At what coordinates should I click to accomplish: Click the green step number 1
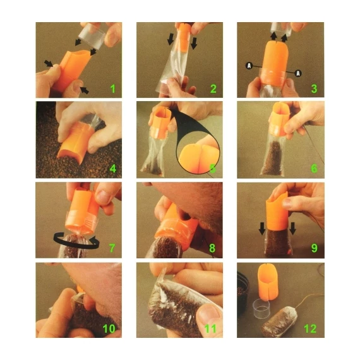click(113, 88)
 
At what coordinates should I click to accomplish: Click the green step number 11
click(212, 328)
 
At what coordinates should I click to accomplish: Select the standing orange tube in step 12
click(268, 282)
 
